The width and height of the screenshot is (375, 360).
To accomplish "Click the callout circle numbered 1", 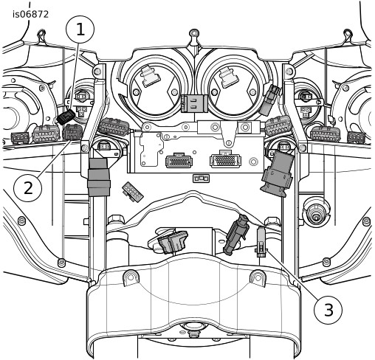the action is point(80,30).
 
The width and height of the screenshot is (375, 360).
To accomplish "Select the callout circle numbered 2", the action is point(27,188).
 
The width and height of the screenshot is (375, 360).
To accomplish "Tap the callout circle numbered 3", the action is point(328,309).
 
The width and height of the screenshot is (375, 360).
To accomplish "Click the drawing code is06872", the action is point(31,15).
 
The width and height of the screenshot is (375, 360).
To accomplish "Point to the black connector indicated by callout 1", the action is point(66,117).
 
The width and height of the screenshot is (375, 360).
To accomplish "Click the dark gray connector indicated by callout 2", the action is point(72,132).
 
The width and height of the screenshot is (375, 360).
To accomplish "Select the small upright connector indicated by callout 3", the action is point(261,242).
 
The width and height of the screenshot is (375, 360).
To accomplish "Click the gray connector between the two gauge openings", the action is point(194,103).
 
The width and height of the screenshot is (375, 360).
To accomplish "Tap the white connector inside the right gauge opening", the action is point(229,76).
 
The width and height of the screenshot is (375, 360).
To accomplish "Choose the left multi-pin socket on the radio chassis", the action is point(179,161).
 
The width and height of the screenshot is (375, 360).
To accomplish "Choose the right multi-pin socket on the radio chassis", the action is point(225,159).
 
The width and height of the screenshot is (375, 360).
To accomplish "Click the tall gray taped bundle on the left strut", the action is point(99,177).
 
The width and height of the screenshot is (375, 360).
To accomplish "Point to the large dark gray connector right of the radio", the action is point(278,173).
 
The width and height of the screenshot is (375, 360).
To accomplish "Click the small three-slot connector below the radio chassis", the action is point(201,178).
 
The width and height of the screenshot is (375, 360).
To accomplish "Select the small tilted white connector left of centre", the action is point(133,192).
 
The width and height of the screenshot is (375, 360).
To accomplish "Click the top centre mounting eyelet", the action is point(194,34).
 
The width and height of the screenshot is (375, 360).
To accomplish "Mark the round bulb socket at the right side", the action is point(315,211).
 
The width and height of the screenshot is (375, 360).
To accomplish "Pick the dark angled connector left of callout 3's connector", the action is point(235,235).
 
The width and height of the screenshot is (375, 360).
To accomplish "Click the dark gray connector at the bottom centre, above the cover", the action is point(173,242).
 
